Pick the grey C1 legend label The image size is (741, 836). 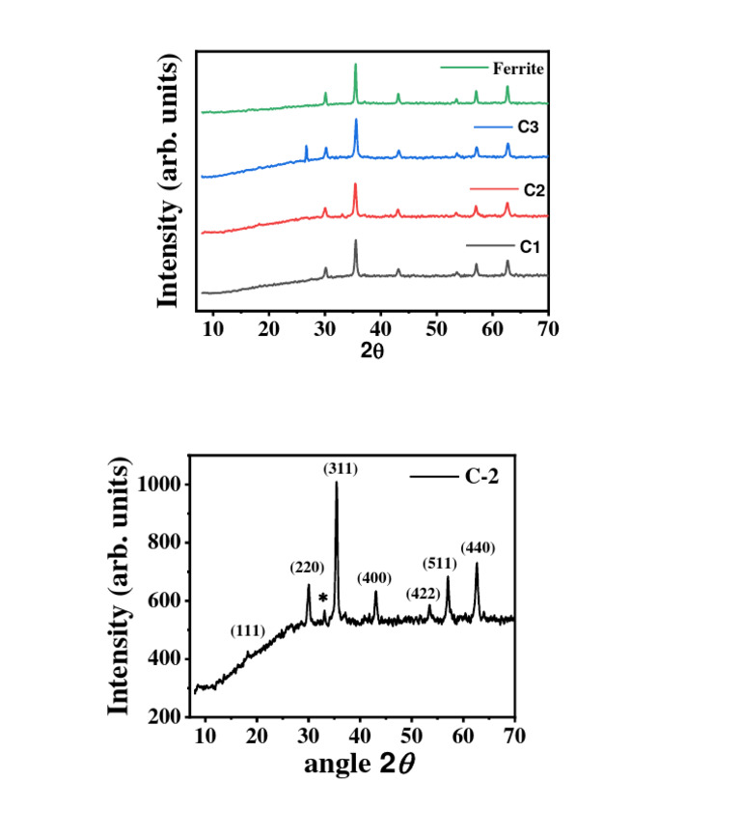coord(528,247)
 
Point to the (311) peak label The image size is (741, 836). coord(340,469)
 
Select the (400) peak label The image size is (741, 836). coord(374,578)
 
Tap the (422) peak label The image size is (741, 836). coord(423,593)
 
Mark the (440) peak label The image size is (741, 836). coord(478,548)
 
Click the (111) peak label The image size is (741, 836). coord(248,631)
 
